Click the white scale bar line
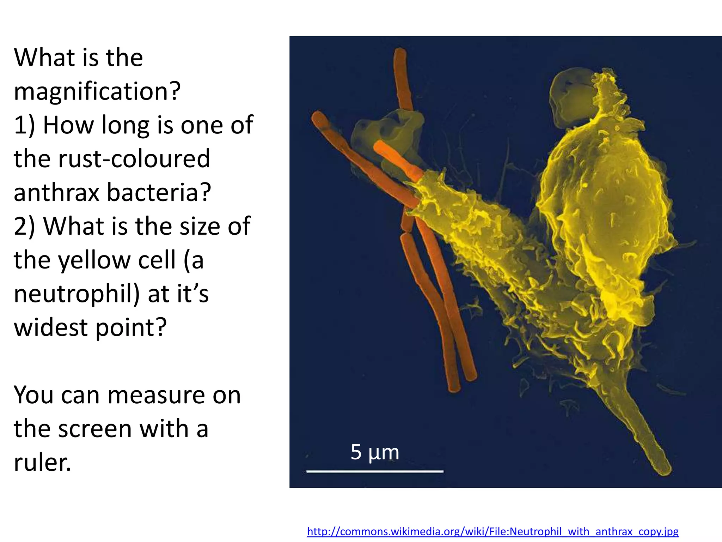click(374, 471)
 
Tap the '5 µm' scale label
click(374, 452)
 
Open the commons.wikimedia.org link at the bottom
click(492, 531)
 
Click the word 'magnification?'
click(97, 91)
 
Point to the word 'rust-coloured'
click(134, 159)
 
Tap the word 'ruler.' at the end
click(42, 462)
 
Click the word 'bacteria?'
click(159, 193)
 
